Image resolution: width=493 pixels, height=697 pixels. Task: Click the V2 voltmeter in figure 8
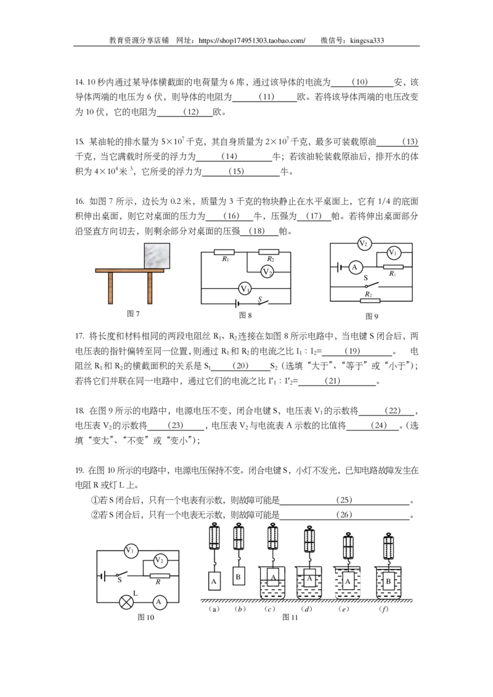click(x=267, y=272)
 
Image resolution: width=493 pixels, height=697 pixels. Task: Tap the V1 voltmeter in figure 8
click(x=245, y=289)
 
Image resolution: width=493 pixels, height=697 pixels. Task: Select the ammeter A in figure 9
click(x=354, y=267)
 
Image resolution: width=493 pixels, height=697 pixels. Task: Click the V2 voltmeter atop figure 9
click(x=364, y=243)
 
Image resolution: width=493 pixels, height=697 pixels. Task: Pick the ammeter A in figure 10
click(x=159, y=602)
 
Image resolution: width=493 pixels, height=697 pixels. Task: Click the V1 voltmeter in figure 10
click(x=130, y=550)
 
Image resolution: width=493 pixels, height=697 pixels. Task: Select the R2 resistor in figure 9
click(x=370, y=300)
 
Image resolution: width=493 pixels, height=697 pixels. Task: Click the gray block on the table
click(x=157, y=256)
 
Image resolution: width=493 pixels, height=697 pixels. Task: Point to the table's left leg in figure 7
click(x=110, y=288)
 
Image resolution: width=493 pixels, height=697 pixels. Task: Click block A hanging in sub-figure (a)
click(x=214, y=581)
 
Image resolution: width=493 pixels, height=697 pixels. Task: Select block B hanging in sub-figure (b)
click(x=238, y=576)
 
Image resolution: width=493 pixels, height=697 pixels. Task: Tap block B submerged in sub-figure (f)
click(x=388, y=581)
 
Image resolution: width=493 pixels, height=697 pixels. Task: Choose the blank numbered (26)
click(x=344, y=515)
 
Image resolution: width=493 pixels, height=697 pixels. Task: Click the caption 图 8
click(x=245, y=315)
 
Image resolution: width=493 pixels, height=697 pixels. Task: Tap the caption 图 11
click(x=290, y=617)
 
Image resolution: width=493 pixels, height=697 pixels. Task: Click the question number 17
click(x=79, y=336)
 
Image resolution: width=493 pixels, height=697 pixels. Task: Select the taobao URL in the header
click(x=252, y=41)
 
